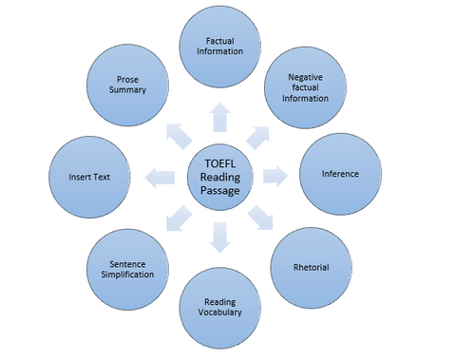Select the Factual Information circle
[x=219, y=47]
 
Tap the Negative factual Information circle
[x=305, y=87]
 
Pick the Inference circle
[x=339, y=175]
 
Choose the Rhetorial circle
[x=311, y=267]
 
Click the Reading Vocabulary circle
[x=219, y=307]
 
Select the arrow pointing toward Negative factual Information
[x=263, y=133]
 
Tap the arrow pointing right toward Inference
[x=276, y=176]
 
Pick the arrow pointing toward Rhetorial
[x=261, y=219]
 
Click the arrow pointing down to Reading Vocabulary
[x=219, y=237]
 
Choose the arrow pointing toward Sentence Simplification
[x=177, y=219]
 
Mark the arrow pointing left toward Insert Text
[x=161, y=176]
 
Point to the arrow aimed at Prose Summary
[x=177, y=133]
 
